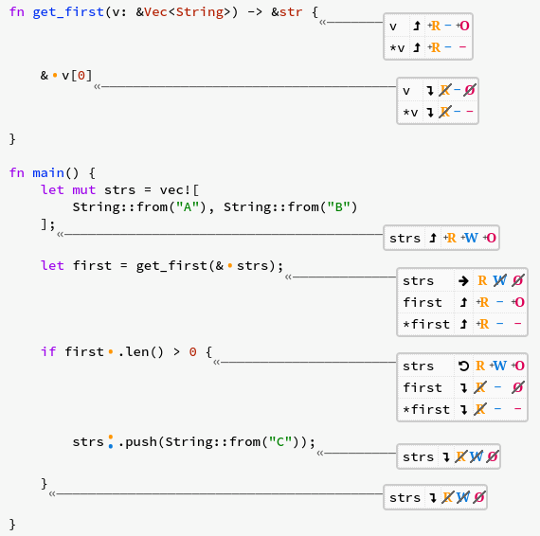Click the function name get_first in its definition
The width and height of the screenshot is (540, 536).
[68, 12]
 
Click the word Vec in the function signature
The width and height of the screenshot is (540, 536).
[155, 12]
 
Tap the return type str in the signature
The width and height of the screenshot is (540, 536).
[291, 12]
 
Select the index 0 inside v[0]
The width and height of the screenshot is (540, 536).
[81, 76]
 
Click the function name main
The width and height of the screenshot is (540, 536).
[48, 172]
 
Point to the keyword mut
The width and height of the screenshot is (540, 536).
[83, 190]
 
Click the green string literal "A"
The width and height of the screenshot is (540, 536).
[188, 206]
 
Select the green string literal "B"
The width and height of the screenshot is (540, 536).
[338, 206]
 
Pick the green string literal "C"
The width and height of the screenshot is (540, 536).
[280, 441]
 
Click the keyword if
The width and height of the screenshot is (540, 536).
[48, 351]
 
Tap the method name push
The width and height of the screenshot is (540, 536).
[141, 442]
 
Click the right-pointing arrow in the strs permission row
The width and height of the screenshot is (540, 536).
[463, 281]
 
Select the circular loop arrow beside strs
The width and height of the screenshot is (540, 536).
[463, 366]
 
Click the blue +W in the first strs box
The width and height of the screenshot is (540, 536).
[470, 238]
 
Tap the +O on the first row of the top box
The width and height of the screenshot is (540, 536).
[463, 26]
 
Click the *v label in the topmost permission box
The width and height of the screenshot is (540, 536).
[397, 47]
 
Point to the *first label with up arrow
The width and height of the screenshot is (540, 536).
[426, 324]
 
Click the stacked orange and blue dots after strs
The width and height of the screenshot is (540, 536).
[111, 441]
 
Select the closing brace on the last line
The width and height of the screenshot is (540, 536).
[12, 525]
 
